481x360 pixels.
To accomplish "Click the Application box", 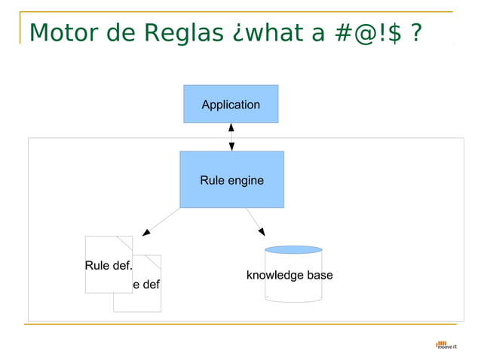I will click(231, 104).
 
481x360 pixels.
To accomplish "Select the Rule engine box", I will click(231, 179).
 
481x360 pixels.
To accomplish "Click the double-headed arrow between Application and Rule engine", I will click(231, 136).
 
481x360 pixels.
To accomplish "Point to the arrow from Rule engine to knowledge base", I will click(256, 221).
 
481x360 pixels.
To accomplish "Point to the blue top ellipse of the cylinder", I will click(293, 249).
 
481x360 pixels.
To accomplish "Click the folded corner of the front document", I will click(126, 242).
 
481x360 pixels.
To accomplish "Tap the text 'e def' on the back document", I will click(146, 285).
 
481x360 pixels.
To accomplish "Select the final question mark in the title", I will click(417, 34).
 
